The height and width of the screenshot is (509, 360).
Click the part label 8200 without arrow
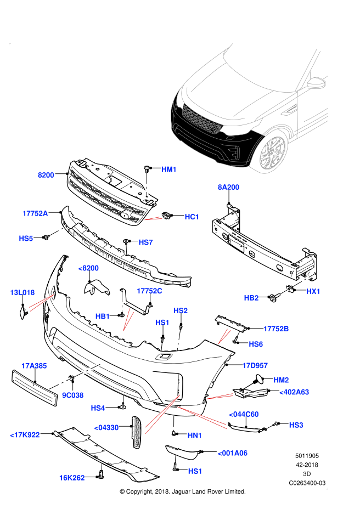46,175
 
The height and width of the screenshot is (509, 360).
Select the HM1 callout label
169,169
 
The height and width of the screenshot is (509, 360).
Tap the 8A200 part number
228,187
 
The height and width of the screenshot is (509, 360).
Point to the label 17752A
35,213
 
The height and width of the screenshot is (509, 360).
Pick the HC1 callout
192,217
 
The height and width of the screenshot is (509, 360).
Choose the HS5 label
26,239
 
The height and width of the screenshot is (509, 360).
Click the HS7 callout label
145,242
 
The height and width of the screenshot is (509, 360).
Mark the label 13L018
22,292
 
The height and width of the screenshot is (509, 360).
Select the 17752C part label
149,291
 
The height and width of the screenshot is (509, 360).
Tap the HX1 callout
313,291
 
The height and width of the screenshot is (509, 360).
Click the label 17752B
276,329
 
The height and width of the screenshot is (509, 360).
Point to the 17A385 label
34,366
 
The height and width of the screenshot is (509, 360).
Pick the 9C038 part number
72,395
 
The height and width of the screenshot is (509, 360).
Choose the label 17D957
255,365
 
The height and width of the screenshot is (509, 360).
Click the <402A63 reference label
294,392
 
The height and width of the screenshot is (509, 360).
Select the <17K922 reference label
25,435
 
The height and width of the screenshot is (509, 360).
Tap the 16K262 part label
72,478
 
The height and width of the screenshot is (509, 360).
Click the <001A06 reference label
232,453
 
